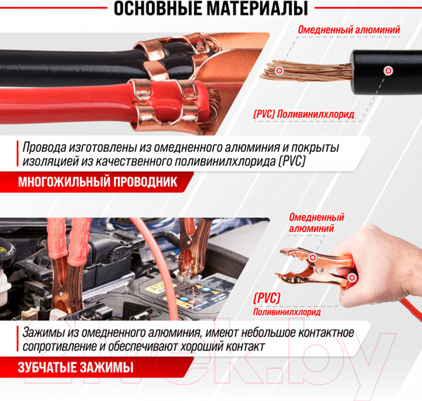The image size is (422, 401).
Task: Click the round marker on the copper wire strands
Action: pyautogui.click(x=280, y=71)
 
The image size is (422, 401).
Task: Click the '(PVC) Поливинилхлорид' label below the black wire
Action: pyautogui.click(x=302, y=113)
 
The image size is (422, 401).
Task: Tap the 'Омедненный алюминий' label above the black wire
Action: pyautogui.click(x=350, y=30)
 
